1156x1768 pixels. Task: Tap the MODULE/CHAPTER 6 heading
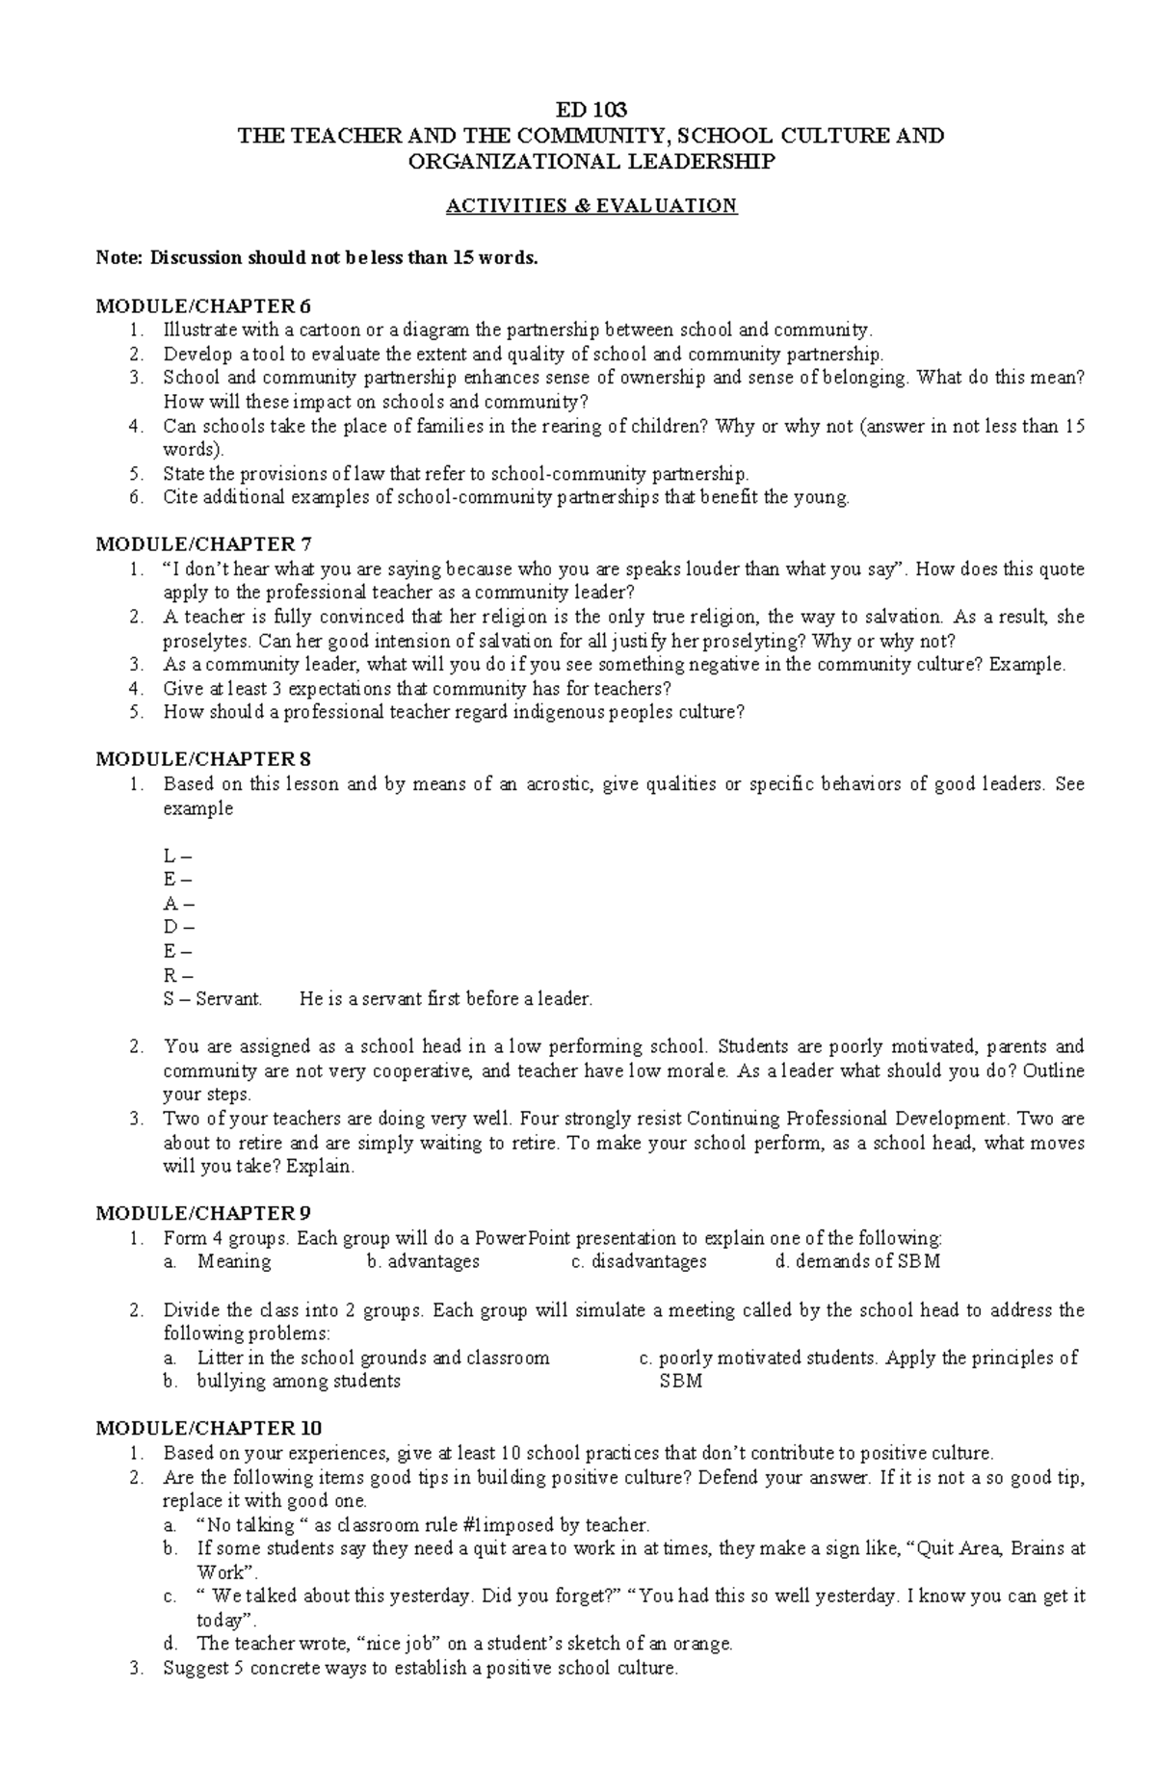click(204, 306)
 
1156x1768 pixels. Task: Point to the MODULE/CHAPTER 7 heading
click(204, 544)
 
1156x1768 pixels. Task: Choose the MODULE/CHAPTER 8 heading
click(204, 759)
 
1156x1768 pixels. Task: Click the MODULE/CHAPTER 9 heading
click(204, 1213)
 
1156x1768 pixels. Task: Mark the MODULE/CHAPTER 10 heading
click(209, 1428)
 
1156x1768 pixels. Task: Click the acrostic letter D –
click(178, 927)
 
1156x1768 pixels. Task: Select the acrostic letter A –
click(178, 904)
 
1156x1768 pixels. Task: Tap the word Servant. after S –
click(229, 999)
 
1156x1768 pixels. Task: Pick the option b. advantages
click(423, 1261)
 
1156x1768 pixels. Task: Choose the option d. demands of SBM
click(856, 1261)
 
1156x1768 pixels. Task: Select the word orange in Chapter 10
click(705, 1644)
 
